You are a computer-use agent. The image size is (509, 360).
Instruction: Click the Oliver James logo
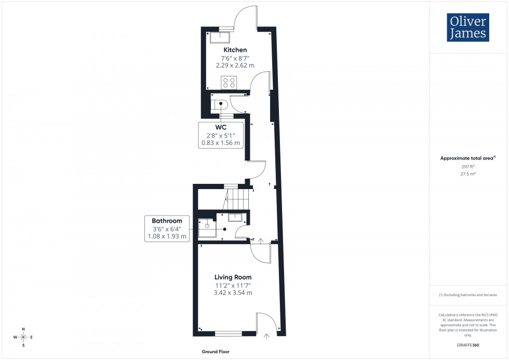[468, 28]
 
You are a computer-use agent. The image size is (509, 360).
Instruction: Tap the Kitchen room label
[235, 50]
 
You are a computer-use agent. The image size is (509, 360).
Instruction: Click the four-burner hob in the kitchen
[229, 82]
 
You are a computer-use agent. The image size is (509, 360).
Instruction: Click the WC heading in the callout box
[221, 127]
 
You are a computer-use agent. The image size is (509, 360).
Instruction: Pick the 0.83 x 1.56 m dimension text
[221, 143]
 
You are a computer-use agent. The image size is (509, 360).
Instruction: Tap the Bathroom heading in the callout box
[167, 221]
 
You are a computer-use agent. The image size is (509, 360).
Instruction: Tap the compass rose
[23, 337]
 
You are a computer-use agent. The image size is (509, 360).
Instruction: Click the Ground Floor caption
[216, 352]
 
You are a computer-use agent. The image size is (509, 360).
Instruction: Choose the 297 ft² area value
[468, 167]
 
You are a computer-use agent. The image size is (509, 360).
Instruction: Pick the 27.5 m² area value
[468, 175]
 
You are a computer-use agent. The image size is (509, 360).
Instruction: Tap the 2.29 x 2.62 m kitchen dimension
[235, 66]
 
